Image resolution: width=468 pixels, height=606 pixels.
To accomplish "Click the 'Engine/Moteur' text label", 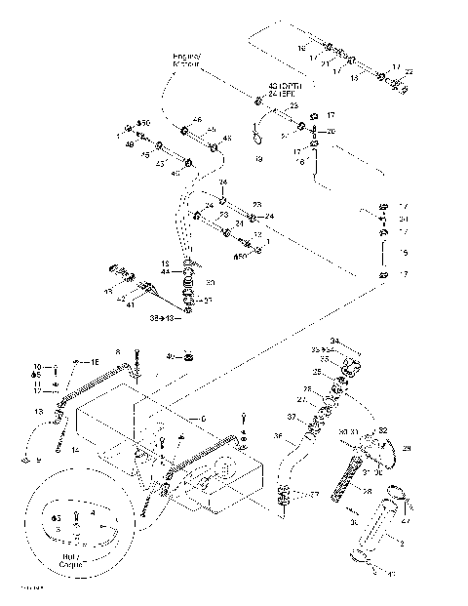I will coord(186,62).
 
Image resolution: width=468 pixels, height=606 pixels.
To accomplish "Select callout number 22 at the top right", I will coord(409,71).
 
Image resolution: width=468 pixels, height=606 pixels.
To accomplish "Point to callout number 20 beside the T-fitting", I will coord(331,131).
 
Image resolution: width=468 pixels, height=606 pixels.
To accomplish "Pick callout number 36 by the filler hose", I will coord(278,435).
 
